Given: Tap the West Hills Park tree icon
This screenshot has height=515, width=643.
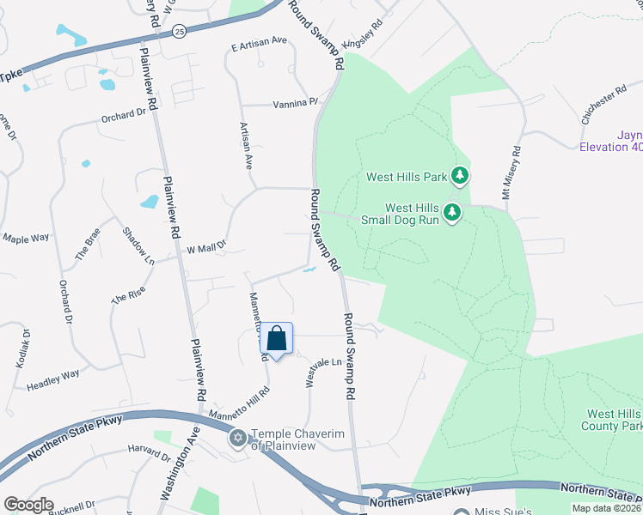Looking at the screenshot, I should point(461,176).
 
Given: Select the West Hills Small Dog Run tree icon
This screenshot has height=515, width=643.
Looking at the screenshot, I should point(450,212).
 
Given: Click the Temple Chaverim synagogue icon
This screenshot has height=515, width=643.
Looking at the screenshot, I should point(237,438).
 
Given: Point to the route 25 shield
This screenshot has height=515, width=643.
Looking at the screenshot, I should point(179,31).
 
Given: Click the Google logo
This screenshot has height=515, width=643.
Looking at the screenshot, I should point(29,505).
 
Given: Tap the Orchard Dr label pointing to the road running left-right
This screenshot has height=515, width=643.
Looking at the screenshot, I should point(124,116).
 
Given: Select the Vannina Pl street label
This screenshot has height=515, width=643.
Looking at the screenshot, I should point(295,103).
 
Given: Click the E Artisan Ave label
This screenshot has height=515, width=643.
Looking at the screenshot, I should point(259,40).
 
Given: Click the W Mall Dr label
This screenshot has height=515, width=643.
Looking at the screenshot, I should point(205,248).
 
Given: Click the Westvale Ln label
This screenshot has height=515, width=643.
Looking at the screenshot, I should point(324,373).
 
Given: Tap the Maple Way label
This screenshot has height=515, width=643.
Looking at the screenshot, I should point(26,238).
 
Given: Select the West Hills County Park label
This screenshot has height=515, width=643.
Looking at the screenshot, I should point(614,420).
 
